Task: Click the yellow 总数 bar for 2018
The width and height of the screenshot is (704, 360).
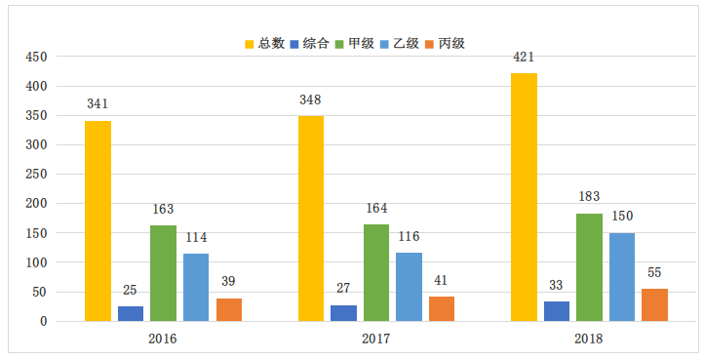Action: tap(524, 197)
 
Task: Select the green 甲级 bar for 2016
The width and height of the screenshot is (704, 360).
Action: tap(163, 273)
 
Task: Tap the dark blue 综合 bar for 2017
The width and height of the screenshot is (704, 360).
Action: tap(343, 313)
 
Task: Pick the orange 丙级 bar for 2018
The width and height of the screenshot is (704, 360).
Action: tap(654, 304)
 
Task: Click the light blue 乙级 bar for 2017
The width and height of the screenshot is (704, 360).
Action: tap(409, 287)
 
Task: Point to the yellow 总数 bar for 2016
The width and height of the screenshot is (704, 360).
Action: tap(98, 220)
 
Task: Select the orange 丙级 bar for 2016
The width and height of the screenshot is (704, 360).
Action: tap(229, 309)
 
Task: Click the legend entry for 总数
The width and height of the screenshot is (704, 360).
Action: tap(264, 43)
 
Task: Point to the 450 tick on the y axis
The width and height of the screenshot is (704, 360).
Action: tap(35, 57)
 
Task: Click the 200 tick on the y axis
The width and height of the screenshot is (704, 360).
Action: tap(35, 204)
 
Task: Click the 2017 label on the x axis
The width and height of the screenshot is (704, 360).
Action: tap(375, 339)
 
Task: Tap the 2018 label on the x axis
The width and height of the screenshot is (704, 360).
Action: tap(589, 339)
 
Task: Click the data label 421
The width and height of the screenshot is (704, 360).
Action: tap(525, 56)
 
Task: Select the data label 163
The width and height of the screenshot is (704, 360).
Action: tap(163, 209)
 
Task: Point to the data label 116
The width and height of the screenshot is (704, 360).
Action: tap(409, 237)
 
